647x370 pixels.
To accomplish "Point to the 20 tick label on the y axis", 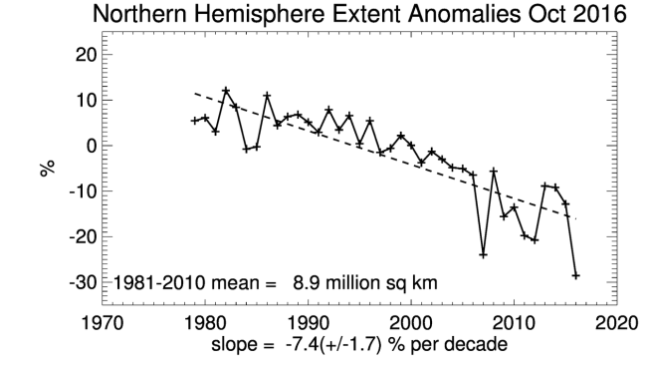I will pyautogui.click(x=87, y=55).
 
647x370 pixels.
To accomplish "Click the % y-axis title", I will pyautogui.click(x=47, y=169).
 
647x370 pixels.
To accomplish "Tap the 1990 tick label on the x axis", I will pyautogui.click(x=308, y=324).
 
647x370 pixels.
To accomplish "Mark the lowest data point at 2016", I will pyautogui.click(x=576, y=275).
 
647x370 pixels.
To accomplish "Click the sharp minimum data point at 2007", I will pyautogui.click(x=483, y=254).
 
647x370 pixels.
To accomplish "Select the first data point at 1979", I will pyautogui.click(x=194, y=121).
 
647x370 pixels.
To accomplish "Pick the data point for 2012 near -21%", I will pyautogui.click(x=535, y=240).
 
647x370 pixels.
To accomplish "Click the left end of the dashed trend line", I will pyautogui.click(x=194, y=94).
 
